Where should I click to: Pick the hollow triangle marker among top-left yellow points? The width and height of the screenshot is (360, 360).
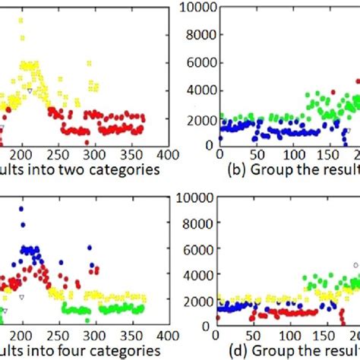pos(29,90)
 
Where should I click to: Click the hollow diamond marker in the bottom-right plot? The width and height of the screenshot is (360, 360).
pos(355,265)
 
